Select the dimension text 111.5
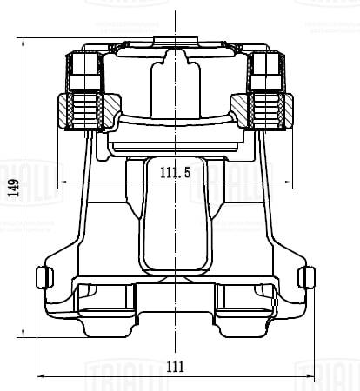pyautogui.click(x=176, y=173)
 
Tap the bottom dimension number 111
pyautogui.click(x=176, y=367)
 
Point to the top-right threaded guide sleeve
pyautogui.click(x=264, y=70)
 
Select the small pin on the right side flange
pyautogui.click(x=306, y=277)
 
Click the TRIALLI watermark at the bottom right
pyautogui.click(x=327, y=374)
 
